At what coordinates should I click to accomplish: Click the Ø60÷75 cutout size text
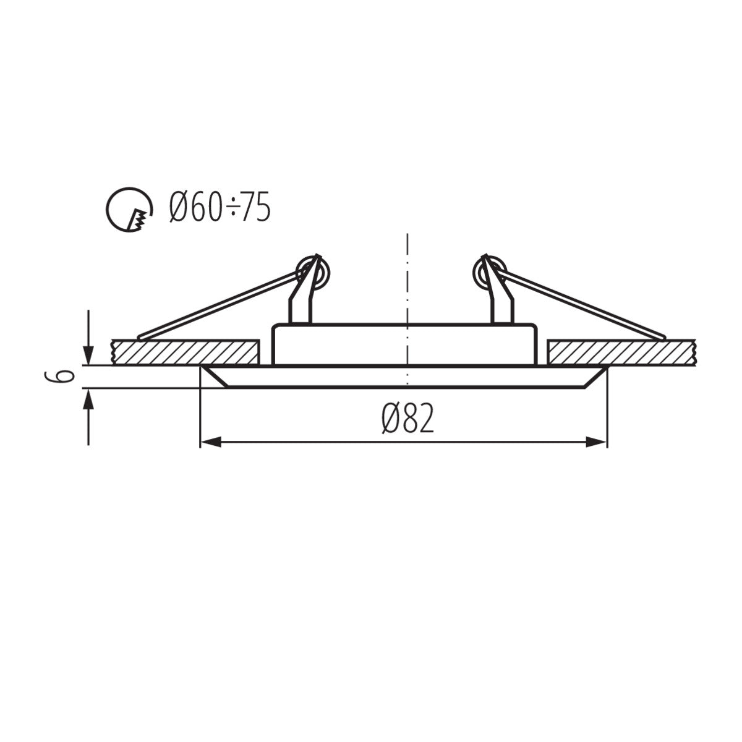(220, 207)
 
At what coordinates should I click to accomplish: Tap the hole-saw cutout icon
(129, 210)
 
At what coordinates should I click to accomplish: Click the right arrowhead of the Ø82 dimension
(596, 441)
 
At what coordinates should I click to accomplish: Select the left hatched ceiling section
(184, 352)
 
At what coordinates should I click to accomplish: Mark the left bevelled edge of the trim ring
(213, 377)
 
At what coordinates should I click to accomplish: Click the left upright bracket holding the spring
(303, 303)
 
